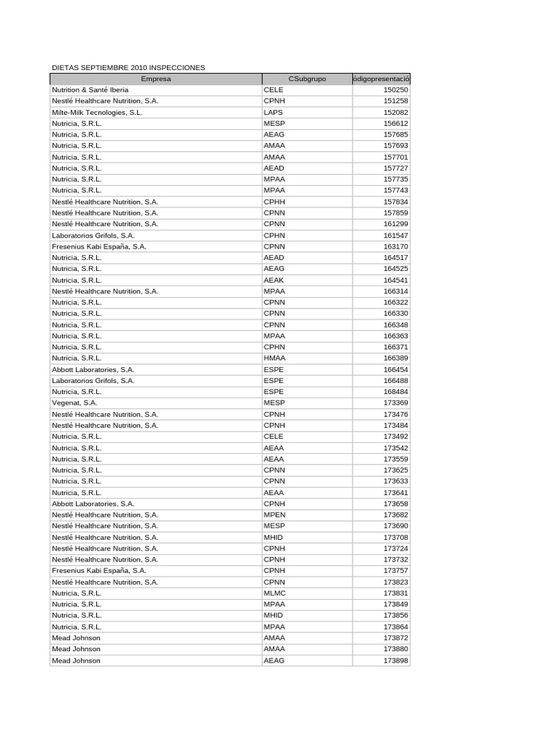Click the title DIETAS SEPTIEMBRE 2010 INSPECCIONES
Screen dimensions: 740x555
(x=129, y=67)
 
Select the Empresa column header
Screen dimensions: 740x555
(x=156, y=78)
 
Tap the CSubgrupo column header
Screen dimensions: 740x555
(x=306, y=78)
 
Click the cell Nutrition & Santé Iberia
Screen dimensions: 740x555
(x=90, y=90)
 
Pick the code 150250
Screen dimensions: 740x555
(x=395, y=90)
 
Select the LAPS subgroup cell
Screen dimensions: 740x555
(x=273, y=112)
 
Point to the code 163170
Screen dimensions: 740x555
(x=395, y=246)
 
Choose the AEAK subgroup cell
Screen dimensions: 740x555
(x=274, y=280)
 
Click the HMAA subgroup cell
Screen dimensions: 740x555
(x=275, y=358)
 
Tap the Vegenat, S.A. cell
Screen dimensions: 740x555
(x=74, y=403)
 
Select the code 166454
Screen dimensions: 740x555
(x=395, y=369)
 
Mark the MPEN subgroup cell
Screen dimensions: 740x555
(x=275, y=515)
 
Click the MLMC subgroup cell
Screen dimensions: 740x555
(x=275, y=593)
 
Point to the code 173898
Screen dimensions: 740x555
(x=395, y=660)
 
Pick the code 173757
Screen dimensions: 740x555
(x=395, y=570)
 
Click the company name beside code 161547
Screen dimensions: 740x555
(x=93, y=235)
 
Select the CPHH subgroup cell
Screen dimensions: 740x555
(x=275, y=202)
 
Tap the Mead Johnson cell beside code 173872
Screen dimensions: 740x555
(x=76, y=637)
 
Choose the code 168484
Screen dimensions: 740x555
(x=395, y=392)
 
